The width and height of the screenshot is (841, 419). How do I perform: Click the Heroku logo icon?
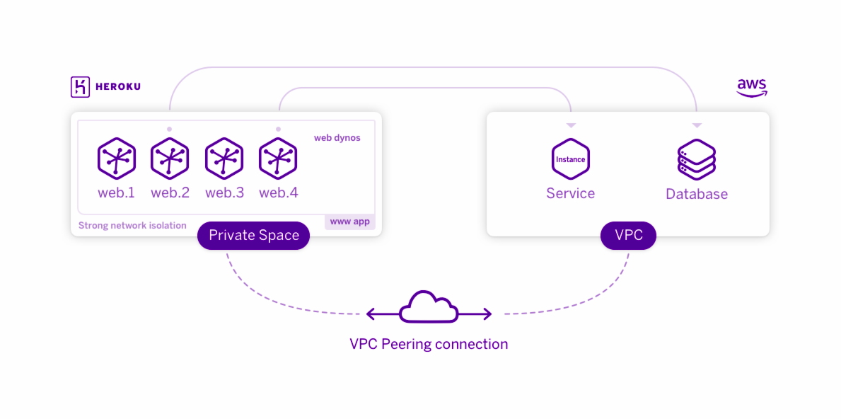80,87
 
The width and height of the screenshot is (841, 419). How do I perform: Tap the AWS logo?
751,88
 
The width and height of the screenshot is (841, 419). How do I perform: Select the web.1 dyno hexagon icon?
117,159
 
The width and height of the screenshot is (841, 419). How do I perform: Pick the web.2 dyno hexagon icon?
170,159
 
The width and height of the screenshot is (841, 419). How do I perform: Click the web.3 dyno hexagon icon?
224,159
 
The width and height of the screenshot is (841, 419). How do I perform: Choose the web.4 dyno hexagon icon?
278,159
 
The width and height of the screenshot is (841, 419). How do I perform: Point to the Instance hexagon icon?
571,159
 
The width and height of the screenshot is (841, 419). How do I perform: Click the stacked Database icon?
696,159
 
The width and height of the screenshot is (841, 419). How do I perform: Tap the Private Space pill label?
254,236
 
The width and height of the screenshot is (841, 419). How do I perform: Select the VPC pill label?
628,236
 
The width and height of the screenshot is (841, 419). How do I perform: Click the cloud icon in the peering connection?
429,307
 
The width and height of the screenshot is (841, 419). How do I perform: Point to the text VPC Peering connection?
429,343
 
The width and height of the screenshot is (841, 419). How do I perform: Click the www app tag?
349,221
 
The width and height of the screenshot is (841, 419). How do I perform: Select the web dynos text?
337,138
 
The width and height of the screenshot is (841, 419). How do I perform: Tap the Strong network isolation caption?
132,225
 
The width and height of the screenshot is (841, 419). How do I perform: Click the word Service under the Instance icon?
571,193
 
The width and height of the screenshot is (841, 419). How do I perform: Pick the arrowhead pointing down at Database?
697,125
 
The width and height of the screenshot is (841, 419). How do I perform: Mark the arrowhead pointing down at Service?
572,125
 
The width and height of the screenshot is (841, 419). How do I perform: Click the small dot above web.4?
278,130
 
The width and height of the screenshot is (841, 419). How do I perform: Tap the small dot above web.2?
170,130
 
